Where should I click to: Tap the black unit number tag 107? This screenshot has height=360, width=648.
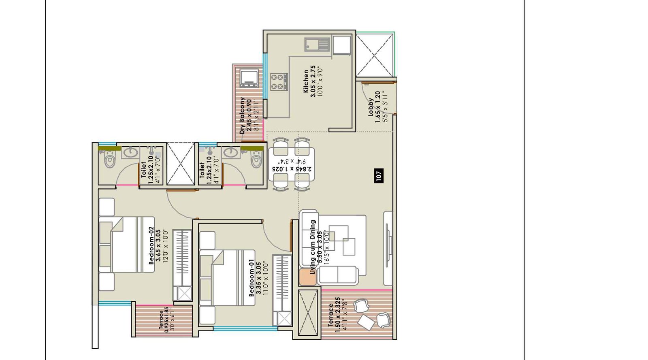click(379, 175)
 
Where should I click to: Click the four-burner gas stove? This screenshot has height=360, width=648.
click(279, 81)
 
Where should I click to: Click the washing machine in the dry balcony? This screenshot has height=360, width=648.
click(248, 79)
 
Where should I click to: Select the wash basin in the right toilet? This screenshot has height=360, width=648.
click(230, 153)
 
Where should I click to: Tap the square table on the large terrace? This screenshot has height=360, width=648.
click(366, 322)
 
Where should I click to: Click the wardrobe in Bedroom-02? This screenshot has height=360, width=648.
click(182, 263)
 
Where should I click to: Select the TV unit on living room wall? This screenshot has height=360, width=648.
click(388, 248)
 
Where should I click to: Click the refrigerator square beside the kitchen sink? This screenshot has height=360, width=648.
click(341, 45)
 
